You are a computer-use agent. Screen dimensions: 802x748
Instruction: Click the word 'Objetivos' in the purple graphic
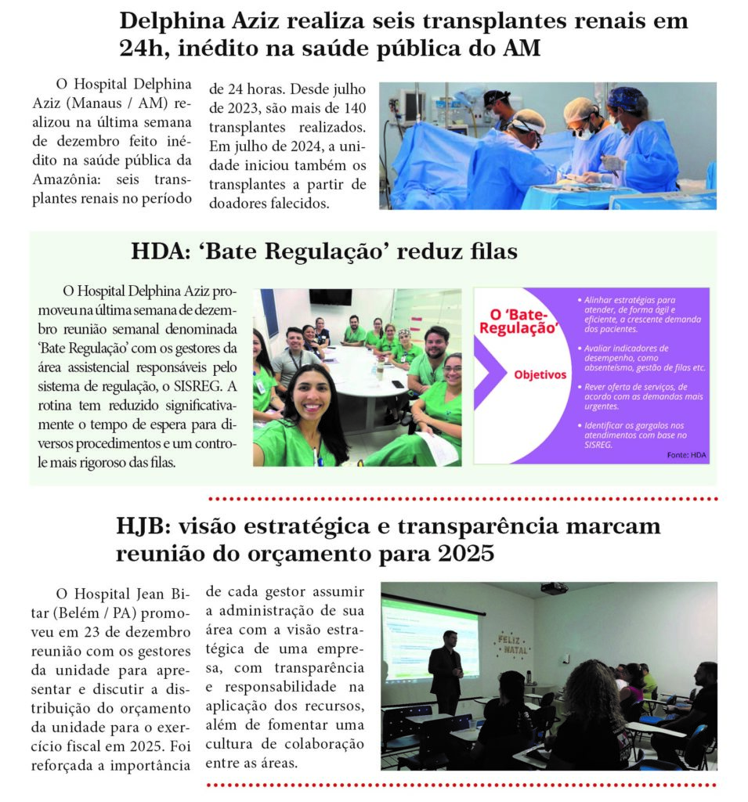[x=540, y=374]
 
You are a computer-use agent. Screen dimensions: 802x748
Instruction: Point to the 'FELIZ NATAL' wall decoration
[x=511, y=644]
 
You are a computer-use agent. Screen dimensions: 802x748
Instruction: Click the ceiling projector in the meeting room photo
[x=555, y=588]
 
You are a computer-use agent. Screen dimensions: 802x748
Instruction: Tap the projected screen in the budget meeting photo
[x=430, y=638]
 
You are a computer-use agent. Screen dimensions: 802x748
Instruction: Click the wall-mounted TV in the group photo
[x=330, y=297]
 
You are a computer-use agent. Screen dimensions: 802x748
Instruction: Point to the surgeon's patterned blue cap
[x=627, y=99]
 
